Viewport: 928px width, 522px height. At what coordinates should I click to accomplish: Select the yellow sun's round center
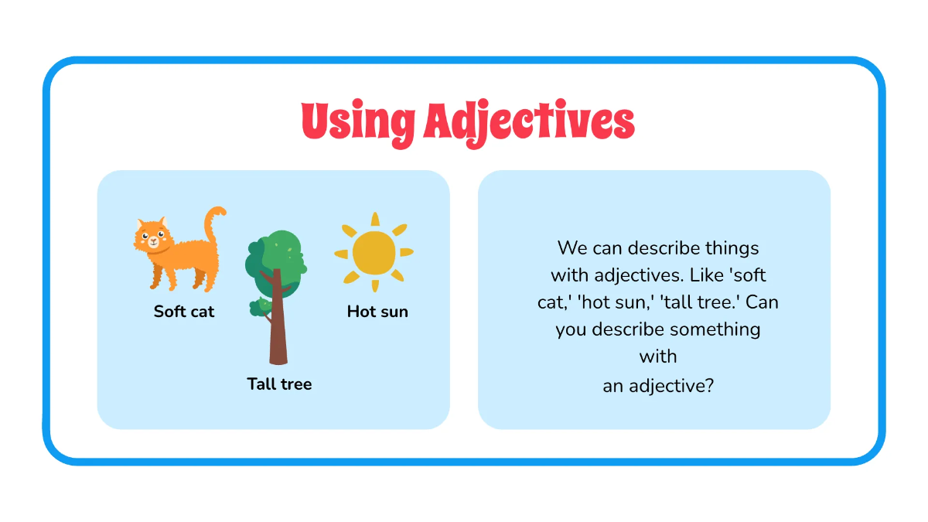point(374,252)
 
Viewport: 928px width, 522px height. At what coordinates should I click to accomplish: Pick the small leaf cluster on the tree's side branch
point(258,308)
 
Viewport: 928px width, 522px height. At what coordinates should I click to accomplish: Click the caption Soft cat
point(184,312)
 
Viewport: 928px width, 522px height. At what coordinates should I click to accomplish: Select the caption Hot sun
point(377,312)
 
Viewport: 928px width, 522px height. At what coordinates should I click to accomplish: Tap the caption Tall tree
point(279,384)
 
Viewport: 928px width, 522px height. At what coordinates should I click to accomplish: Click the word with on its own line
point(658,357)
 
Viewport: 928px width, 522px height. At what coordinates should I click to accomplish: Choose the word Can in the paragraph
point(763,302)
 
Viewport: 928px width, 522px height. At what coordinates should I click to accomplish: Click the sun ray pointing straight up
point(375,219)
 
